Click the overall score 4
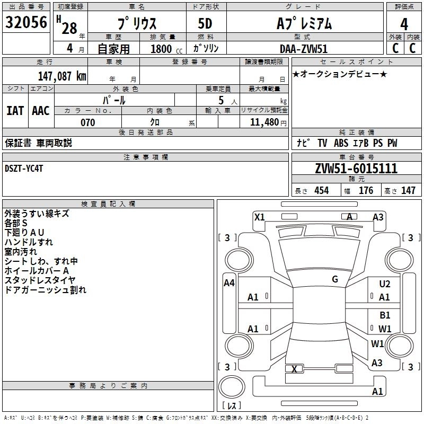click(x=404, y=23)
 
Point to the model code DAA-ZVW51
click(x=304, y=48)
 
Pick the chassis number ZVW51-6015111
click(x=356, y=169)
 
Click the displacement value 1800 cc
click(x=161, y=49)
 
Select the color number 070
click(x=87, y=122)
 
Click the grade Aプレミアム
click(x=304, y=23)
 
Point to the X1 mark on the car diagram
click(x=260, y=217)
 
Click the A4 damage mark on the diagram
click(x=229, y=283)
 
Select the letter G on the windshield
click(x=335, y=279)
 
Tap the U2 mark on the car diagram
click(x=385, y=284)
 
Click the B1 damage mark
click(x=385, y=315)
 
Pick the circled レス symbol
click(x=232, y=406)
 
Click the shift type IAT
click(x=15, y=110)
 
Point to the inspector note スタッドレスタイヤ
click(x=40, y=280)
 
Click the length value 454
click(x=322, y=191)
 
